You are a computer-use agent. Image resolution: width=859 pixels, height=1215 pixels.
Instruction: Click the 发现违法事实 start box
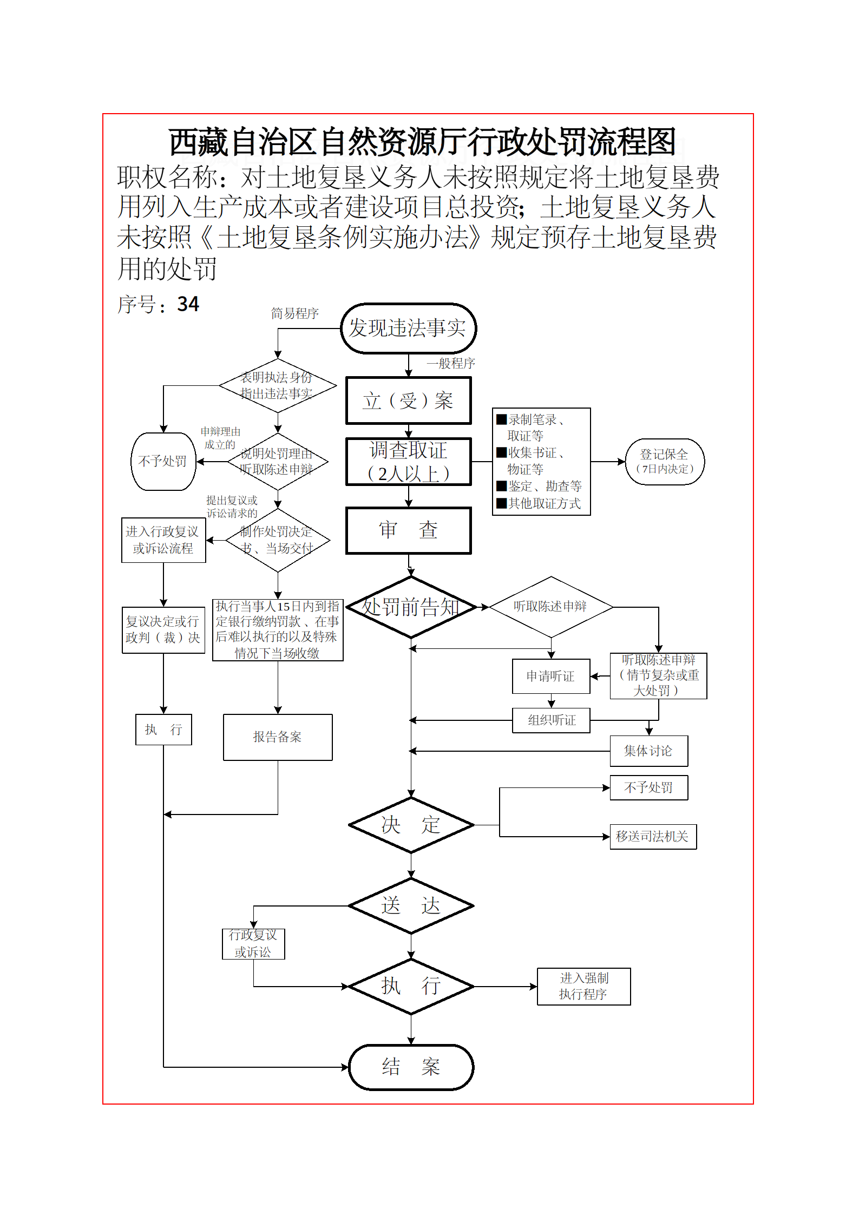pyautogui.click(x=408, y=328)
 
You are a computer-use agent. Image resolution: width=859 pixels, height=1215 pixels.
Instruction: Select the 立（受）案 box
pyautogui.click(x=408, y=400)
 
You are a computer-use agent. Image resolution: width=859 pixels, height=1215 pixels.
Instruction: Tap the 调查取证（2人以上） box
pyautogui.click(x=408, y=462)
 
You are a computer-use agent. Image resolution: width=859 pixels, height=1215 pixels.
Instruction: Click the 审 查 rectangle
pyautogui.click(x=408, y=530)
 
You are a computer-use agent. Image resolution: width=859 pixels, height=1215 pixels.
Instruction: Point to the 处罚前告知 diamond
pyautogui.click(x=411, y=607)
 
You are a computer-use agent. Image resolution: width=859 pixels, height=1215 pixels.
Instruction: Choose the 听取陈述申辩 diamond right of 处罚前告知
pyautogui.click(x=550, y=607)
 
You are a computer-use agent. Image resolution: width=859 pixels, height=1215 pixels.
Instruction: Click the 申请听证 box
pyautogui.click(x=550, y=676)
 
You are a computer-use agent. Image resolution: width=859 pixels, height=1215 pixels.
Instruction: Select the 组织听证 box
pyautogui.click(x=551, y=720)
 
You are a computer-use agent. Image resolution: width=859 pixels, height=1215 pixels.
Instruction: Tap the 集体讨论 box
pyautogui.click(x=648, y=751)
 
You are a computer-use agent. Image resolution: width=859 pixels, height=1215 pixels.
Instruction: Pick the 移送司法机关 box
pyautogui.click(x=653, y=837)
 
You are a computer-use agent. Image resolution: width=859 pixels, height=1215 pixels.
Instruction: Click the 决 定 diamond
pyautogui.click(x=411, y=825)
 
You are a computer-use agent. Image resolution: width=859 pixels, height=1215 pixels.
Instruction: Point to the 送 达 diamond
pyautogui.click(x=411, y=905)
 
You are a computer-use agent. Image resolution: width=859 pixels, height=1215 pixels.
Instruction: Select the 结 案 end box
pyautogui.click(x=411, y=1067)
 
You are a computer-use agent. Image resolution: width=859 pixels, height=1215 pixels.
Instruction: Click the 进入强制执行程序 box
pyautogui.click(x=583, y=986)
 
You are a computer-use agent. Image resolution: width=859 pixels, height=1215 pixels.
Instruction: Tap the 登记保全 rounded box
pyautogui.click(x=664, y=462)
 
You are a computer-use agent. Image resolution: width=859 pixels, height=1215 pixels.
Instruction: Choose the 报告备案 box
pyautogui.click(x=278, y=737)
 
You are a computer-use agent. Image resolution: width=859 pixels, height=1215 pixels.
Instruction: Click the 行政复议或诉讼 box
pyautogui.click(x=253, y=944)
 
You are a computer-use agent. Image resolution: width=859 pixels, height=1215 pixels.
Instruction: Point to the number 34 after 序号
pyautogui.click(x=188, y=304)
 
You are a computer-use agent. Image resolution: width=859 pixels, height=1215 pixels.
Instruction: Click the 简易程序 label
pyautogui.click(x=294, y=313)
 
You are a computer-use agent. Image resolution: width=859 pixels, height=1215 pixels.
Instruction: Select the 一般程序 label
pyautogui.click(x=450, y=363)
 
